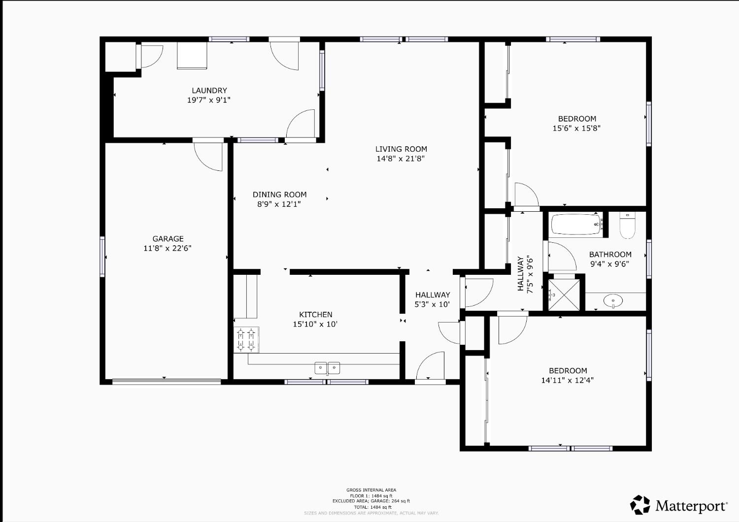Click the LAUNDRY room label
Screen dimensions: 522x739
(x=209, y=91)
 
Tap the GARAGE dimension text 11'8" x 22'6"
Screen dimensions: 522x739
(x=168, y=248)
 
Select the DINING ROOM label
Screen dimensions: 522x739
(x=279, y=195)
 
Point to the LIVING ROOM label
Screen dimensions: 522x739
(x=401, y=149)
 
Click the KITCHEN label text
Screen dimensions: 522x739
(x=315, y=315)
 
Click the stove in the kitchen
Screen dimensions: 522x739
(x=246, y=340)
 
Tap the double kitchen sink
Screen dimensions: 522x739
(x=328, y=367)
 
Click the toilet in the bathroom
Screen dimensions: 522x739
(x=627, y=226)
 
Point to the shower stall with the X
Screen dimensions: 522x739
(x=564, y=295)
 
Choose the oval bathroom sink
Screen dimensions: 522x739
(x=613, y=300)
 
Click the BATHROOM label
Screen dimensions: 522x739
(x=610, y=255)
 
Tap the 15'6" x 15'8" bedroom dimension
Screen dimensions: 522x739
(x=576, y=128)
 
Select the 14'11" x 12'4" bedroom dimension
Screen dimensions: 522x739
(x=568, y=380)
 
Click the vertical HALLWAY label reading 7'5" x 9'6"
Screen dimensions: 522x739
(x=525, y=274)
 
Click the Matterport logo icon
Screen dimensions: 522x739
(x=640, y=505)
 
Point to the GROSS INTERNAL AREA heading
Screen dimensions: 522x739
(x=371, y=490)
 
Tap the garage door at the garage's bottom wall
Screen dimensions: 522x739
(x=167, y=381)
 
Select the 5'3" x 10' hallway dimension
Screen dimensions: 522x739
(x=432, y=304)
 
